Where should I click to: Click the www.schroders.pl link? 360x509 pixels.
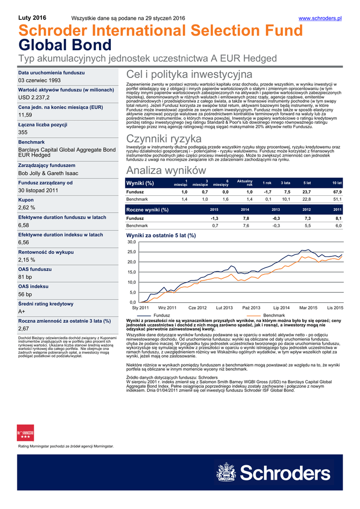pos(320,18)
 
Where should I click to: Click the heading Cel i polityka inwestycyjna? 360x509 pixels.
pos(189,75)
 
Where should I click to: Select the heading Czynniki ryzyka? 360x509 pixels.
pos(164,138)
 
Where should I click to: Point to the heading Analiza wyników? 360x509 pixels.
pos(167,170)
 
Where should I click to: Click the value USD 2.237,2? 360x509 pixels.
pos(33,97)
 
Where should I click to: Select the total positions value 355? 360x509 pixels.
pos(23,132)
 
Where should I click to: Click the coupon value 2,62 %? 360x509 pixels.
pos(27,207)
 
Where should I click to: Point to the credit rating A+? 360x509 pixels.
pos(22,311)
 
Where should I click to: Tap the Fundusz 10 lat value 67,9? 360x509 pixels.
pos(337,192)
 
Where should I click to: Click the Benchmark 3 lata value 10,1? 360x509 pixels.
pos(285,199)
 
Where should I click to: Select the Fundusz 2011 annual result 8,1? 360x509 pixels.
pos(338,218)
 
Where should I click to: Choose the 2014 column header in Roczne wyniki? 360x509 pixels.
pos(245,210)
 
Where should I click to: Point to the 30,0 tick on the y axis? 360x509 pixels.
pos(132,242)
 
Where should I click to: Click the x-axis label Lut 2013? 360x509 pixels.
pos(224,308)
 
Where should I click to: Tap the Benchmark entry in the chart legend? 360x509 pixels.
pos(273,316)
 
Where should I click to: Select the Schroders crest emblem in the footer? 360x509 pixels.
pos(227,473)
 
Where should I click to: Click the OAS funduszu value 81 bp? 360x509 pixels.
pos(25,276)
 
